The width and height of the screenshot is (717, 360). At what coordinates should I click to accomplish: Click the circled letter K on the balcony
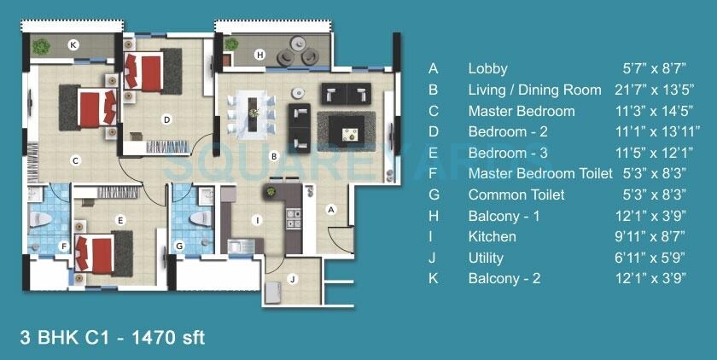click(73, 44)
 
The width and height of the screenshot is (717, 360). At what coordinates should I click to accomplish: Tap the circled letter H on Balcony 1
click(260, 55)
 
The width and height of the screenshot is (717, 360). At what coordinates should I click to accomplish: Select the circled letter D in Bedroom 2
click(167, 119)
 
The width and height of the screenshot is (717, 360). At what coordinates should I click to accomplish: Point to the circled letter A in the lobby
click(332, 209)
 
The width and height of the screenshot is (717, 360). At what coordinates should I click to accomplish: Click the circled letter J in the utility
click(292, 278)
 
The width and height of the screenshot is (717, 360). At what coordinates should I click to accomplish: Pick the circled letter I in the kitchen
click(256, 219)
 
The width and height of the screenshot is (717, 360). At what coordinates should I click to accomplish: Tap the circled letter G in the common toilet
click(179, 246)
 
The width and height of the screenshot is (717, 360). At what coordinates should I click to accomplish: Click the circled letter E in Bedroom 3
click(120, 220)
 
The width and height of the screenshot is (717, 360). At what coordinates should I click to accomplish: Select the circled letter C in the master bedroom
click(75, 160)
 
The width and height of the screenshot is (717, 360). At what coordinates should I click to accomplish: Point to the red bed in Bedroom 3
click(96, 253)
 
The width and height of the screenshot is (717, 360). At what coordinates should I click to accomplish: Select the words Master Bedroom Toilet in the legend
click(539, 173)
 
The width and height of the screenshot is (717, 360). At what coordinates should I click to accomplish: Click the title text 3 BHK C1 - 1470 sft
click(112, 337)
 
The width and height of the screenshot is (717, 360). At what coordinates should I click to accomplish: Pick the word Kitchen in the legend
click(492, 236)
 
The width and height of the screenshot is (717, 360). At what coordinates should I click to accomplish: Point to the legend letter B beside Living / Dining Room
click(434, 90)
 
